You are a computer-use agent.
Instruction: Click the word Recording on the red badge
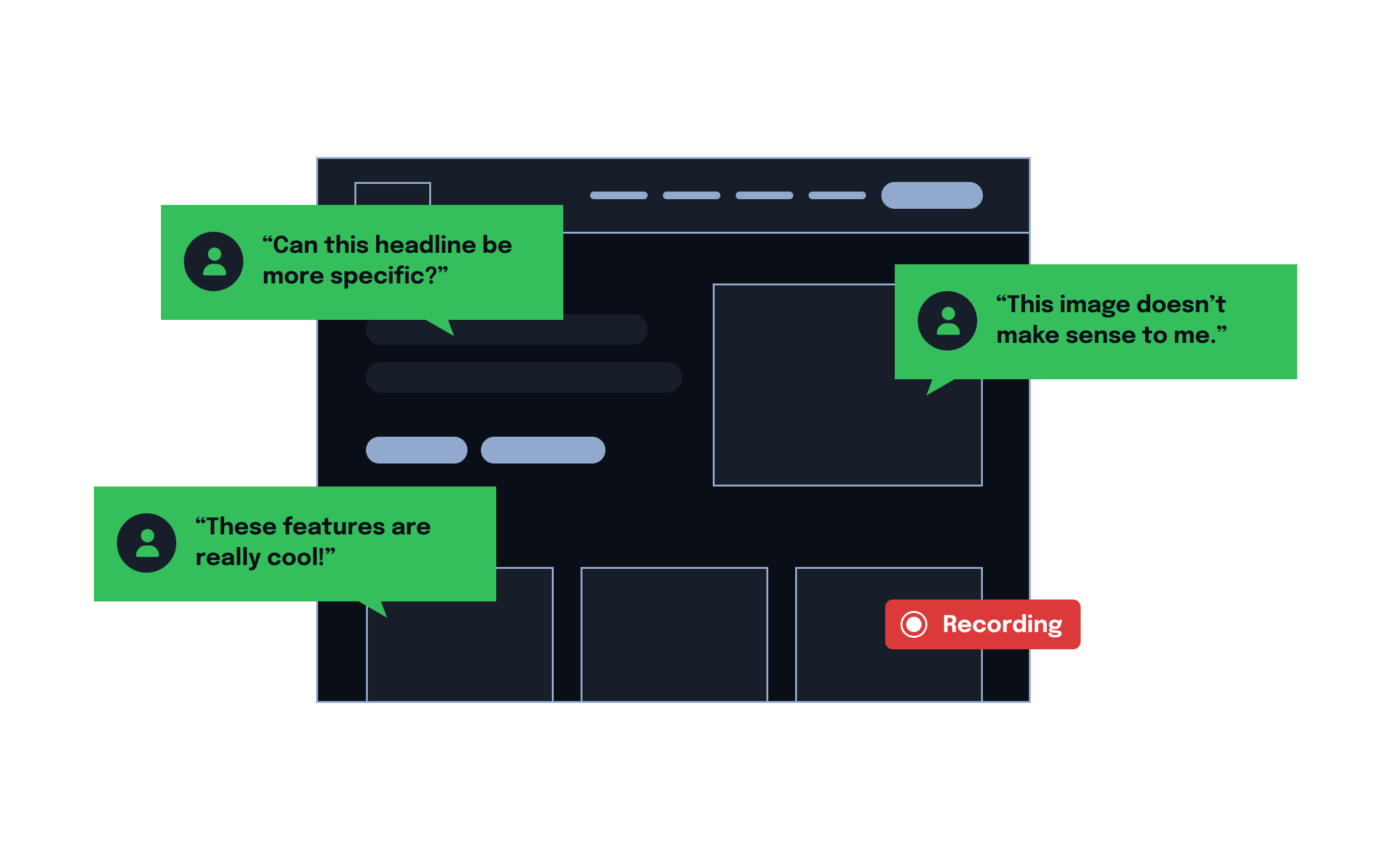(x=1002, y=624)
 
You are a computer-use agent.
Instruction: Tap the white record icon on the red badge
(x=914, y=624)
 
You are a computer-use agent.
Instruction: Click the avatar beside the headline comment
(x=213, y=261)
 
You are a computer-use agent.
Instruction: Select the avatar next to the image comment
(x=947, y=321)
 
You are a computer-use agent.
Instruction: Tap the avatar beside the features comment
(x=146, y=543)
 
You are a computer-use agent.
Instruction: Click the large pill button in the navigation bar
(x=932, y=195)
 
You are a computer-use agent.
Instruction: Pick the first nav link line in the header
(x=618, y=195)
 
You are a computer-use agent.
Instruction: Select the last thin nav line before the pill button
(x=837, y=195)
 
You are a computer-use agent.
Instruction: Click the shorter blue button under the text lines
(x=416, y=450)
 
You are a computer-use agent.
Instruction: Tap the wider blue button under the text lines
(x=543, y=450)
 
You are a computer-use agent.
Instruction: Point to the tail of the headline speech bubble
(x=443, y=326)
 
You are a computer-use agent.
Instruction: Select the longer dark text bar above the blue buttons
(x=524, y=377)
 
